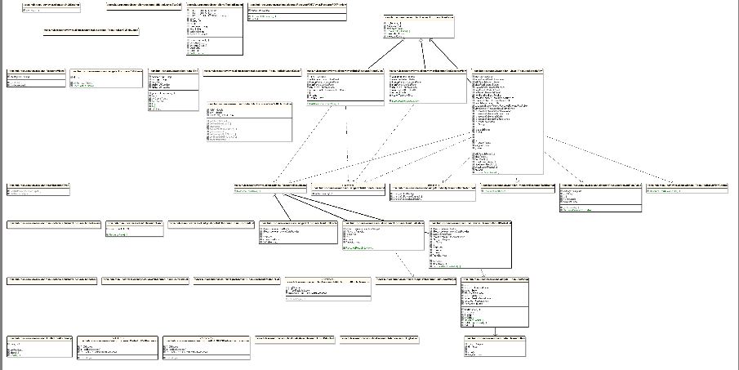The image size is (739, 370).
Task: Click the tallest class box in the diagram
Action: [x=506, y=123]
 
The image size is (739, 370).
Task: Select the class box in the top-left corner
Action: [x=52, y=7]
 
